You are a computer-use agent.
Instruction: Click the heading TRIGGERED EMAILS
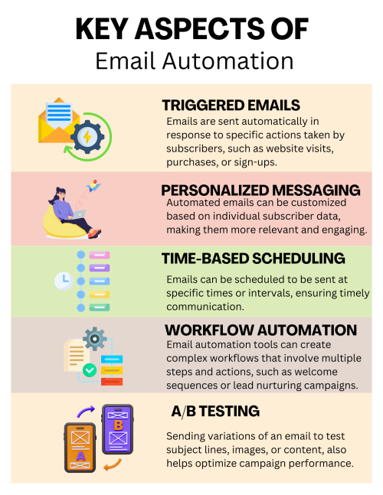(231, 106)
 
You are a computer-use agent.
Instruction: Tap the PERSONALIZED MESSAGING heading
(260, 191)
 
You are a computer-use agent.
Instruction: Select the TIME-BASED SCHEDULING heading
(253, 259)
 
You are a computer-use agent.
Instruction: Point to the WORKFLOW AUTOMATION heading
(260, 331)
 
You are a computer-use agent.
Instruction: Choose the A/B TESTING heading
(215, 412)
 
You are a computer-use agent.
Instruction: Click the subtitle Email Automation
(195, 61)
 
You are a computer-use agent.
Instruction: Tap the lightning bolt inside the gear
(87, 137)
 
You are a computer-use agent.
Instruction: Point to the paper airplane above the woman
(93, 186)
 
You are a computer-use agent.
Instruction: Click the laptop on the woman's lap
(78, 214)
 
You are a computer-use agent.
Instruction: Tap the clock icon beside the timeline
(64, 281)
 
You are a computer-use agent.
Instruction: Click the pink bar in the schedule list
(100, 255)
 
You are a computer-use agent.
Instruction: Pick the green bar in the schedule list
(100, 307)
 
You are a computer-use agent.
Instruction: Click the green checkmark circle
(90, 370)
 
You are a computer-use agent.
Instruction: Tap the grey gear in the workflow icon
(94, 339)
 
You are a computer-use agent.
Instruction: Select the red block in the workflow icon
(112, 382)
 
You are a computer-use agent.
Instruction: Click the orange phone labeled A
(80, 448)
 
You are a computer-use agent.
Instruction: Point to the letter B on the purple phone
(118, 425)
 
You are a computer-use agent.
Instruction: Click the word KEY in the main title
(101, 29)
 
